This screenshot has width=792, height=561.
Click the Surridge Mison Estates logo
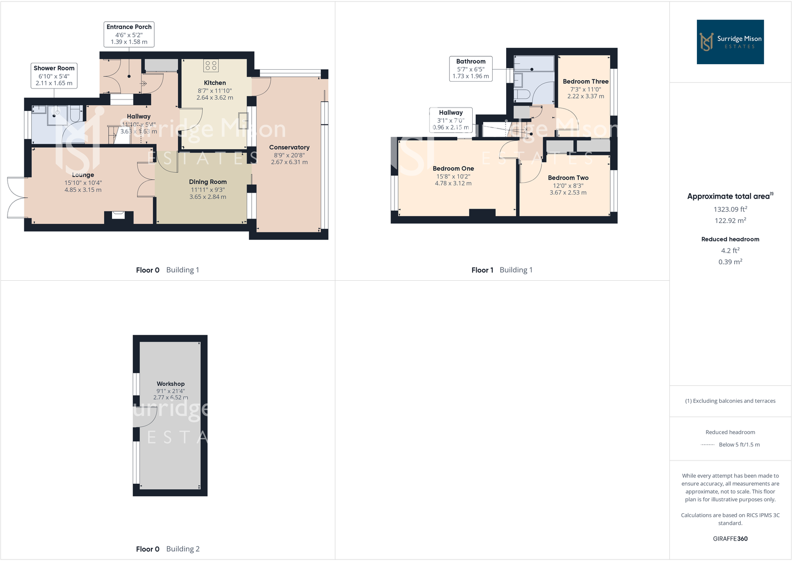[730, 42]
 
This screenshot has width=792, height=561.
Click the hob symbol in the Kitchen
[211, 66]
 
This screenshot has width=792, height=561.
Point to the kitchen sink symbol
[243, 120]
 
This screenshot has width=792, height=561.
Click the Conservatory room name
[289, 147]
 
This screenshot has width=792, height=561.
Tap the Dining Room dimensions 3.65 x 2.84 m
[207, 197]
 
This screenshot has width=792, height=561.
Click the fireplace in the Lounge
[119, 216]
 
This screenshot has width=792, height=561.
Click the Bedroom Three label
[585, 82]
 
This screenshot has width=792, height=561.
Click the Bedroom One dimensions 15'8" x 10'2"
[453, 176]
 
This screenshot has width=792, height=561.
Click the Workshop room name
[170, 384]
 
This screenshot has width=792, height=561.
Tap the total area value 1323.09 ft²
[730, 210]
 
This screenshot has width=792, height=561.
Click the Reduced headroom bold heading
[730, 239]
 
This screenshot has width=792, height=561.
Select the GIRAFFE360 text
[730, 539]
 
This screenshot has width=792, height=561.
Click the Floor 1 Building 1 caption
[502, 270]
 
